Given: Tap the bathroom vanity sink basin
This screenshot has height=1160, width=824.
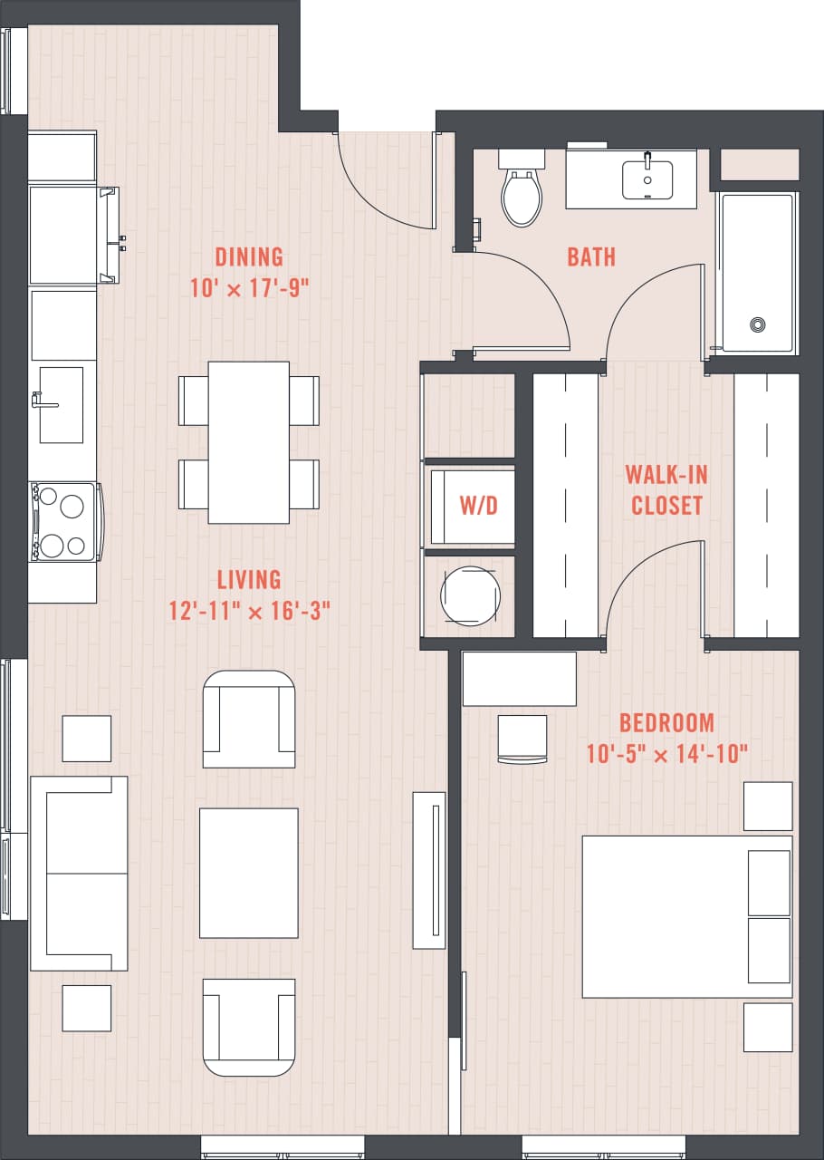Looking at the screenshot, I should pyautogui.click(x=647, y=179).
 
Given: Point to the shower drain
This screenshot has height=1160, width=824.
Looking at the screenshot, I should pyautogui.click(x=757, y=324).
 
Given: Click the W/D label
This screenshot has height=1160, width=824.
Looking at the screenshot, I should pyautogui.click(x=478, y=506).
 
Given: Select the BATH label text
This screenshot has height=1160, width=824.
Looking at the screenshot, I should pyautogui.click(x=591, y=256).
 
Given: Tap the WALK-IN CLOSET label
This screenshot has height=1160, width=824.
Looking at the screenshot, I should pyautogui.click(x=667, y=490).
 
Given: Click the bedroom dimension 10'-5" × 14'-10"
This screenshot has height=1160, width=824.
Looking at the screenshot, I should pyautogui.click(x=666, y=753).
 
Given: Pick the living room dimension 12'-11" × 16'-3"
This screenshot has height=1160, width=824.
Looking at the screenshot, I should pyautogui.click(x=248, y=610).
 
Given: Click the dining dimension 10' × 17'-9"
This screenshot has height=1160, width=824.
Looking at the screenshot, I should pyautogui.click(x=249, y=288).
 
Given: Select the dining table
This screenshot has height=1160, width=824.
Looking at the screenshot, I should pyautogui.click(x=248, y=442).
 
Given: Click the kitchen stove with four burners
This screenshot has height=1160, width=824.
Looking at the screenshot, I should pyautogui.click(x=64, y=521).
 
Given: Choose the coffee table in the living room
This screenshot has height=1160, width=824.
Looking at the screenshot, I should pyautogui.click(x=248, y=873).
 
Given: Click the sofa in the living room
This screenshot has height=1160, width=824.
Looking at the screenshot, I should pyautogui.click(x=78, y=873).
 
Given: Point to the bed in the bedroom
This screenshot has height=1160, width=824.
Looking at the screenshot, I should pyautogui.click(x=685, y=916).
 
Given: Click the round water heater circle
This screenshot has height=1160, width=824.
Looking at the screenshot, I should pyautogui.click(x=469, y=595).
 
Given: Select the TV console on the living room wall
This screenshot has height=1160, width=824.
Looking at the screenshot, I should pyautogui.click(x=429, y=870).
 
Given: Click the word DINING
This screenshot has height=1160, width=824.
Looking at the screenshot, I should pyautogui.click(x=249, y=256).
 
